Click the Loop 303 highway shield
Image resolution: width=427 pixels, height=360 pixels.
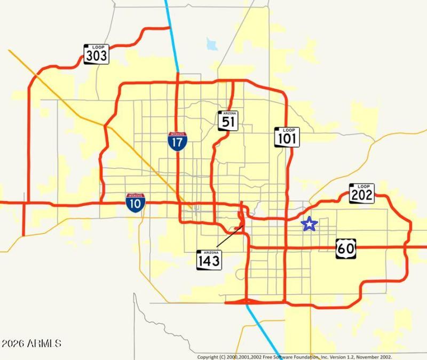point(96,54)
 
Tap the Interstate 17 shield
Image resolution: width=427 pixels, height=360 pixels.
point(177,142)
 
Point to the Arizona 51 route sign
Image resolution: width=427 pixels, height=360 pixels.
point(228,121)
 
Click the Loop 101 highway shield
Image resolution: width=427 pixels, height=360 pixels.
point(287,137)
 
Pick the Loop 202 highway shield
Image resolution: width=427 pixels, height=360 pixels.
point(362,193)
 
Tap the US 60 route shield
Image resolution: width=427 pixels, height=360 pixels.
point(345,249)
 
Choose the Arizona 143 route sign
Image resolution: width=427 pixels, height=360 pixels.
point(209,260)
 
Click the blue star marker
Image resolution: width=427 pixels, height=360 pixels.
point(309,224)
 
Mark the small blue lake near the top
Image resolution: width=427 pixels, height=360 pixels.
point(212,44)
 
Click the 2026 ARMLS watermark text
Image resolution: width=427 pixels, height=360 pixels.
point(31,343)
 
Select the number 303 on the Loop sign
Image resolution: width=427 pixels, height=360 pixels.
point(96,56)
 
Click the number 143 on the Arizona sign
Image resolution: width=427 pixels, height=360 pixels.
point(209,262)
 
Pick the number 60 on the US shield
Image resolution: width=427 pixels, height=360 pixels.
point(345,249)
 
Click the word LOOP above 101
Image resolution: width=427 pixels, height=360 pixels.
point(288,130)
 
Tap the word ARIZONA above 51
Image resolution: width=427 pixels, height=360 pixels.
point(228,114)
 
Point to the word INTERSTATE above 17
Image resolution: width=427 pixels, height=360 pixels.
point(177,134)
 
